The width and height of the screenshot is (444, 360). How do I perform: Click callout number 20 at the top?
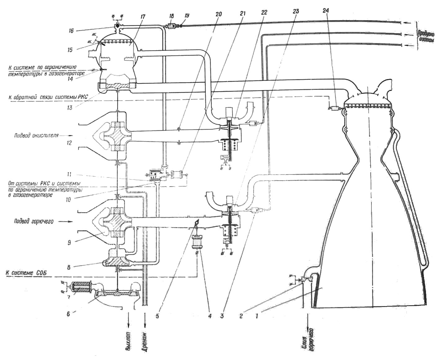[219, 14]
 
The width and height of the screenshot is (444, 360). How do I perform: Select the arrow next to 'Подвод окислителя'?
[67, 136]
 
